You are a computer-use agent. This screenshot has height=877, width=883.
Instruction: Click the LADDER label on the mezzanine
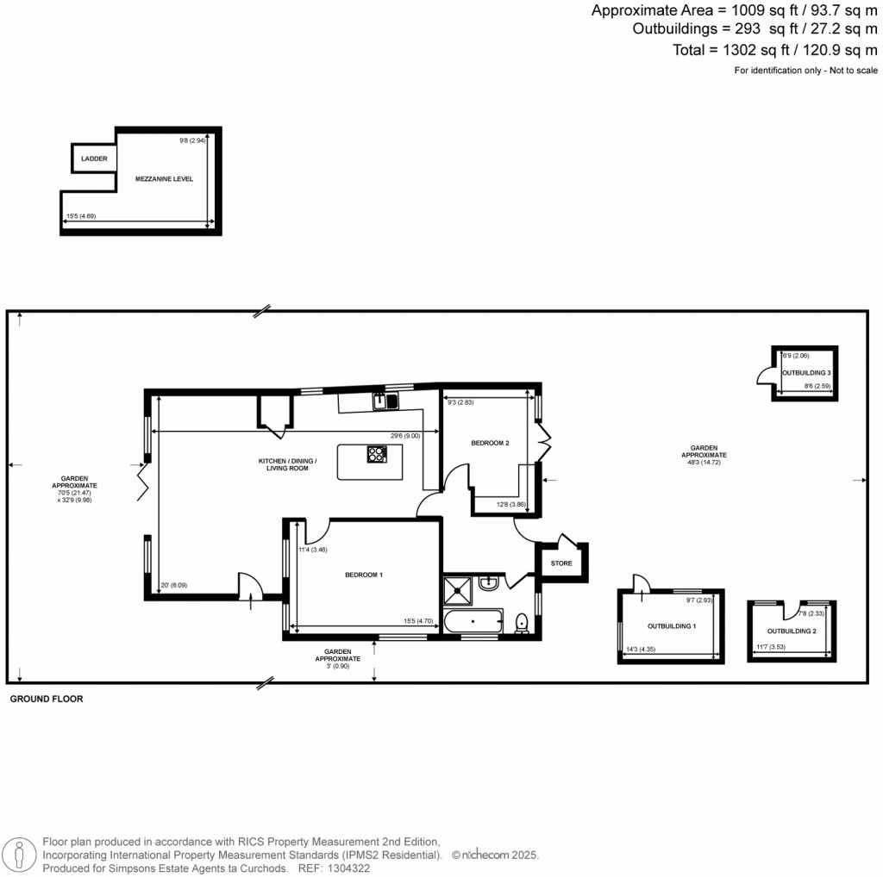[94, 159]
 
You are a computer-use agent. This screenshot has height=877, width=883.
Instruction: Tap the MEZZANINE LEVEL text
[164, 179]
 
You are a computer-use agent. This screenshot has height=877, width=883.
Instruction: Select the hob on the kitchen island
[377, 454]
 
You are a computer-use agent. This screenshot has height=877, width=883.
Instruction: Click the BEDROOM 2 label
[490, 443]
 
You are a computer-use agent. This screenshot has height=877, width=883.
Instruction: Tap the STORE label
[561, 564]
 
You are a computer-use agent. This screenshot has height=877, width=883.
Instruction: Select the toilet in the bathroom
[522, 622]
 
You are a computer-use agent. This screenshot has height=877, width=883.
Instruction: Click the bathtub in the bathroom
[473, 621]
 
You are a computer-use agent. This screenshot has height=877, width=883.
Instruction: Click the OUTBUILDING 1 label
[671, 626]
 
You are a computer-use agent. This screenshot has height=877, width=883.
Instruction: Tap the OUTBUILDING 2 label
[791, 631]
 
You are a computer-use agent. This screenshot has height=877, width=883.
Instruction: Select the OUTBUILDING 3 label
[806, 372]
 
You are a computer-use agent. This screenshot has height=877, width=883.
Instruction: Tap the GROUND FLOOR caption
[47, 700]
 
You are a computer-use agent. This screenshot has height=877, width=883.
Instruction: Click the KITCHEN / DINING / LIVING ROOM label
[288, 464]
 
